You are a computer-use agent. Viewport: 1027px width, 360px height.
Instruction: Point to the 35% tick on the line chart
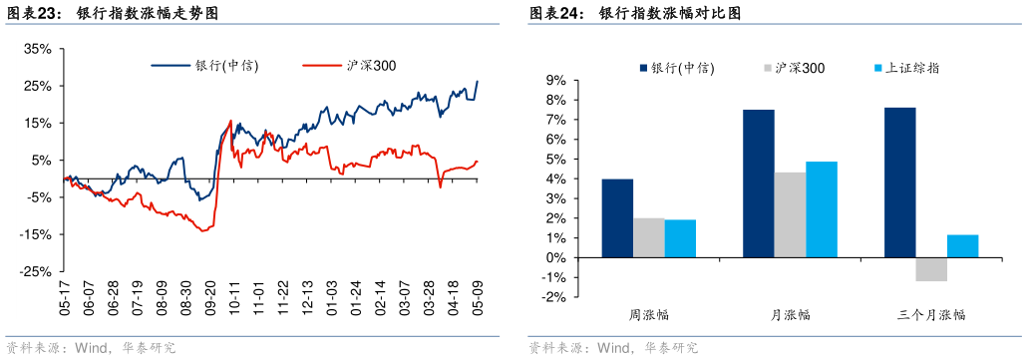point(37,48)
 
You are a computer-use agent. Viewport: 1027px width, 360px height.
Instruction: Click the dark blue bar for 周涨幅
point(617,218)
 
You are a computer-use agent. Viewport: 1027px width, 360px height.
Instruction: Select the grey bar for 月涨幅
point(791,215)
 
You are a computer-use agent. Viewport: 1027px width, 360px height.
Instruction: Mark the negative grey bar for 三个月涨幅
point(931,269)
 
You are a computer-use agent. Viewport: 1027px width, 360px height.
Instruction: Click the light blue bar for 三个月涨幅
point(962,246)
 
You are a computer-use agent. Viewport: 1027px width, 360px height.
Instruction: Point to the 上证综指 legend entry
point(911,69)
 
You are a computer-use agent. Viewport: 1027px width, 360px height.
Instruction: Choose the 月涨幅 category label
point(791,315)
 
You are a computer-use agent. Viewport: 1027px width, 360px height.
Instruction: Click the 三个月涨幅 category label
point(931,315)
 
